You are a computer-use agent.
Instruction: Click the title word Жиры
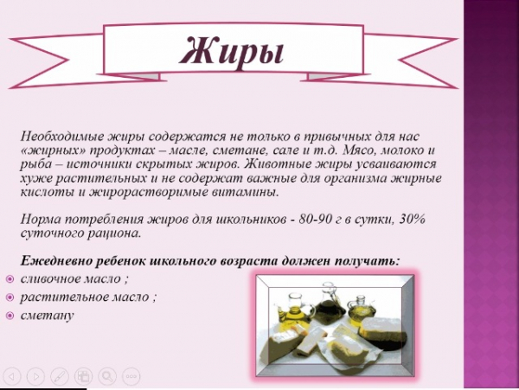[232, 52]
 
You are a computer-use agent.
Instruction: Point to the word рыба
[33, 164]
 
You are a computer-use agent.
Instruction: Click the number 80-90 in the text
[315, 220]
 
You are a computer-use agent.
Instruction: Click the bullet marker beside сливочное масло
[10, 279]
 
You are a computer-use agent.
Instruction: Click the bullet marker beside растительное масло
[10, 297]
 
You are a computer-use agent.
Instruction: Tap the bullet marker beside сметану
[10, 316]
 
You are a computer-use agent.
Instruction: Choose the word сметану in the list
[47, 316]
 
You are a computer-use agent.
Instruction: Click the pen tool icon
[60, 376]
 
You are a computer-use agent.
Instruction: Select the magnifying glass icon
[107, 376]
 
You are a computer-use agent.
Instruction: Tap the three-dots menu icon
[131, 376]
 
